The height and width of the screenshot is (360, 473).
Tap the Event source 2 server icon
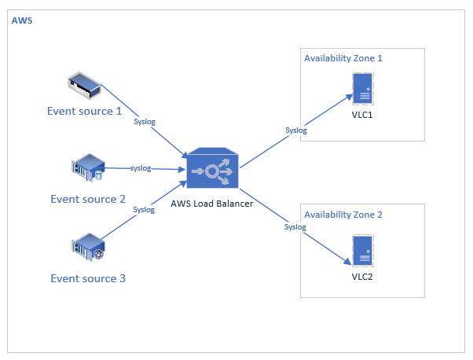pyautogui.click(x=88, y=168)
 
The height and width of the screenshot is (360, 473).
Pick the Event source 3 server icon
pyautogui.click(x=88, y=246)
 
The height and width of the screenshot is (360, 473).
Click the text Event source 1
pyautogui.click(x=85, y=111)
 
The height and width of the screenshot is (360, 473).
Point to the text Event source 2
pyautogui.click(x=88, y=199)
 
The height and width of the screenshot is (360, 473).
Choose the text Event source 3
pyautogui.click(x=88, y=278)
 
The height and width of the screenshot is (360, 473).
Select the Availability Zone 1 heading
pyautogui.click(x=343, y=58)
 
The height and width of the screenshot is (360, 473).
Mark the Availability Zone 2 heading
pyautogui.click(x=343, y=215)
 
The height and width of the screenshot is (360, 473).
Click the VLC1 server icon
pyautogui.click(x=362, y=88)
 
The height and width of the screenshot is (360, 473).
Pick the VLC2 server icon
pyautogui.click(x=362, y=251)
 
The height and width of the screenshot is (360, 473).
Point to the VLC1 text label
pyautogui.click(x=362, y=114)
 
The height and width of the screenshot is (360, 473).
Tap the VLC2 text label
pyautogui.click(x=362, y=276)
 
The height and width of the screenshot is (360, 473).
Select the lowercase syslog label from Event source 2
pyautogui.click(x=141, y=168)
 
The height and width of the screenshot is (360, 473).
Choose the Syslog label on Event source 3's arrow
pyautogui.click(x=144, y=209)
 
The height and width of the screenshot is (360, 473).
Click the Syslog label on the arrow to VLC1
pyautogui.click(x=296, y=130)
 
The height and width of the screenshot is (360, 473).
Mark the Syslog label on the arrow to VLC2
pyautogui.click(x=295, y=227)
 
